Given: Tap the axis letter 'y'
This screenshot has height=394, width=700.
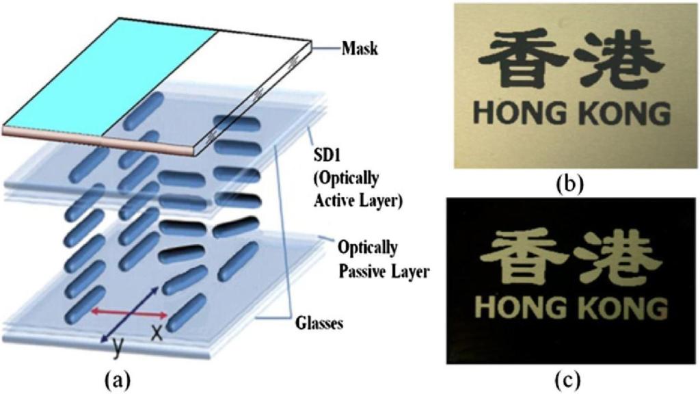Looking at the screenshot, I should pyautogui.click(x=118, y=347).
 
